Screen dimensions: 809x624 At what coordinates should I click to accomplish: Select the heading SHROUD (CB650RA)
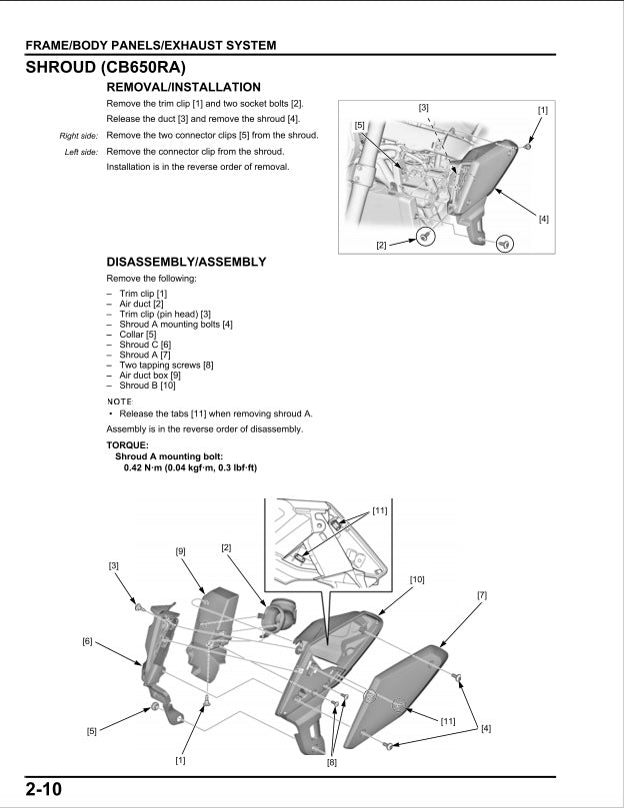coord(105,68)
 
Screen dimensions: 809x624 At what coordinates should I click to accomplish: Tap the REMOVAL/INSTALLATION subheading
coord(183,88)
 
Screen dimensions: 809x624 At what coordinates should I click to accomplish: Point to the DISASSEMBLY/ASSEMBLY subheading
coord(186,262)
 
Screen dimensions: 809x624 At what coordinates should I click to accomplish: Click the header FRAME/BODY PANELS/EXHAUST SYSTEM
coord(151,45)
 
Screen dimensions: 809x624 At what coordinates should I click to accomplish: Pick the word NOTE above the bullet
coord(119,401)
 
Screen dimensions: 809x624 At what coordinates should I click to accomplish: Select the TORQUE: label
coord(127,445)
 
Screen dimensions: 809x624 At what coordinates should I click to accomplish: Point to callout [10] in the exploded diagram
coord(417,579)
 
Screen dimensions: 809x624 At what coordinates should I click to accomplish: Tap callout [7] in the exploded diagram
coord(482,595)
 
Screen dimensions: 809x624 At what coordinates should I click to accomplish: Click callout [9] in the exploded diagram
coord(181,551)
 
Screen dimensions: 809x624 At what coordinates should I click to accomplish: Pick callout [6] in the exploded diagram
coord(88,641)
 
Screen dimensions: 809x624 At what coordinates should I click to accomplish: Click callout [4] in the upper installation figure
coord(544,218)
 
